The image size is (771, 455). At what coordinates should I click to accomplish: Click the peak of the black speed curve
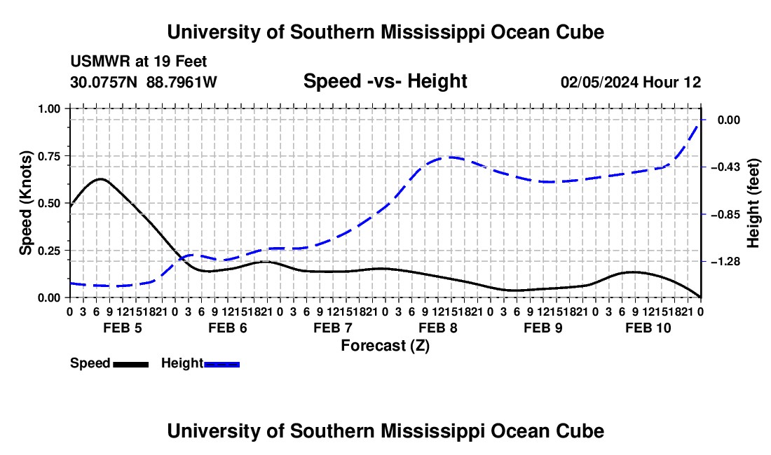[x=101, y=179]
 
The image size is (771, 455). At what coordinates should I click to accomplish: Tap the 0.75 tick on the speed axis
[x=68, y=156]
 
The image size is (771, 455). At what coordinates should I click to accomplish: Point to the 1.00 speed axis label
[x=48, y=108]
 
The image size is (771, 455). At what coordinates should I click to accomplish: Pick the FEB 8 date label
[x=437, y=328]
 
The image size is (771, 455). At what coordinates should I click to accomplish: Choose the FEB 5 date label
[x=123, y=328]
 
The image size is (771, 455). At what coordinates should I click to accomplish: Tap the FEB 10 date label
[x=648, y=328]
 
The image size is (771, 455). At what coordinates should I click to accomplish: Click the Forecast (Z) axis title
[x=385, y=346]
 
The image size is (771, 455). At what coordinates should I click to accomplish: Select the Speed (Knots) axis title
[x=25, y=203]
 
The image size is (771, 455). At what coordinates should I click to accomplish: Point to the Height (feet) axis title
[x=753, y=203]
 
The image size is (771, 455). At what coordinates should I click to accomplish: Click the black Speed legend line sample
[x=131, y=365]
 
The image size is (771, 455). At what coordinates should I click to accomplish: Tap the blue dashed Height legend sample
[x=221, y=365]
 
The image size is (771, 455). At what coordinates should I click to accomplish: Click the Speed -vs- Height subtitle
[x=385, y=81]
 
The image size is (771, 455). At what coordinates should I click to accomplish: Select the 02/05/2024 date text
[x=600, y=82]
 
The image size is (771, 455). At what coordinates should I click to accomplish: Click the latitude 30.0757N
[x=104, y=82]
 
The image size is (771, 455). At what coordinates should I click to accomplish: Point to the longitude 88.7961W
[x=182, y=82]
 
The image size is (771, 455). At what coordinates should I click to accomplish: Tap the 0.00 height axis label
[x=729, y=120]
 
